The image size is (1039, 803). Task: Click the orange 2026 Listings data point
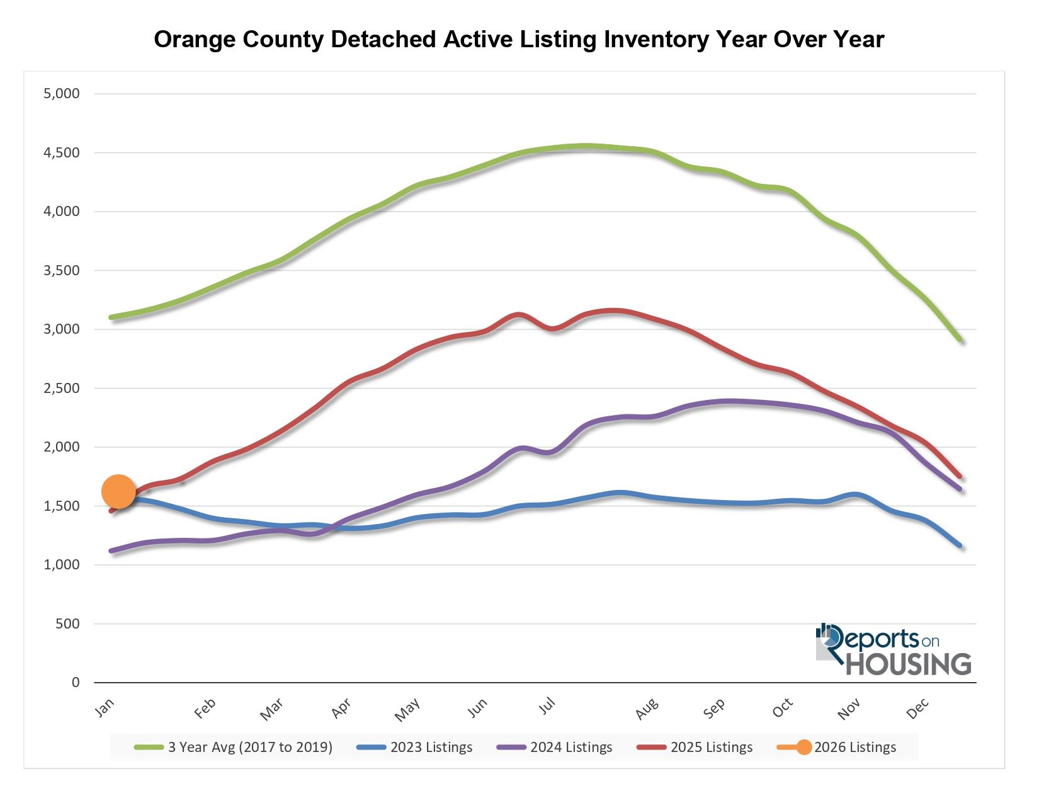tap(118, 491)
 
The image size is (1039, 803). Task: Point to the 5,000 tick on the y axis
tap(62, 94)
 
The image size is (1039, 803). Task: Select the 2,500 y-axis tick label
tap(62, 388)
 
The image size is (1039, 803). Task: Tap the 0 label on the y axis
tap(76, 683)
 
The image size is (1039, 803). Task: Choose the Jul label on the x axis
tap(547, 706)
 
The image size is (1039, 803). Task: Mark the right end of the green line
tap(960, 340)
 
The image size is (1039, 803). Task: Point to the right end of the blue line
tap(960, 545)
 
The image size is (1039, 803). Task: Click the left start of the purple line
tap(111, 551)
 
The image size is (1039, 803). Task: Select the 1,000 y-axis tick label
tap(62, 565)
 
